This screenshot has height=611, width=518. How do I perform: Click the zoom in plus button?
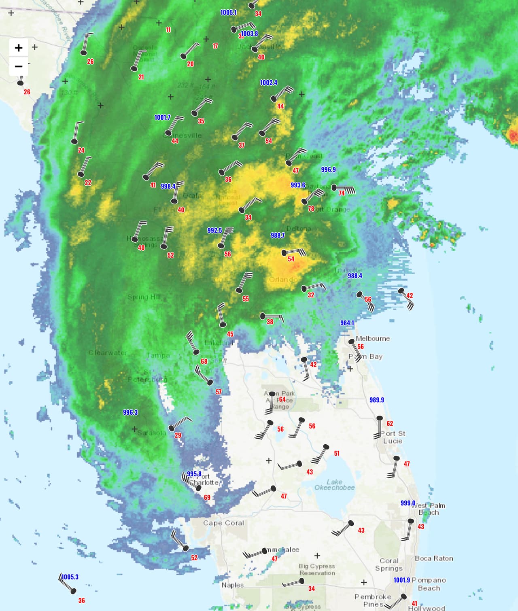[19, 48]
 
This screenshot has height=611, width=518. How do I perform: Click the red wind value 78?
[311, 209]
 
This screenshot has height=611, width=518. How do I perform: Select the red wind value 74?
[342, 193]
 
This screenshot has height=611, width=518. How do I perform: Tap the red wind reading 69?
[207, 497]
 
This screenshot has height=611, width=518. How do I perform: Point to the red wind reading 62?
[390, 424]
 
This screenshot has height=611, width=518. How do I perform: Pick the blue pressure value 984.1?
[347, 323]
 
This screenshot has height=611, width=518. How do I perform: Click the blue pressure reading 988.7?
[278, 235]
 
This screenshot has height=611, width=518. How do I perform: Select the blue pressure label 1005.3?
[70, 577]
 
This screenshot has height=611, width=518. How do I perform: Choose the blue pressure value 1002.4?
[268, 83]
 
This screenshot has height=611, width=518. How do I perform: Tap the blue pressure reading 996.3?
[130, 412]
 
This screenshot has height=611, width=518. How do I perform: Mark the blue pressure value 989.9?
[376, 400]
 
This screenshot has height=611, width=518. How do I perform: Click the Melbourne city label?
[373, 338]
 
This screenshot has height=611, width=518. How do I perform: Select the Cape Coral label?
[223, 523]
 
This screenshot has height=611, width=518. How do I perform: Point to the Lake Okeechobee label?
[335, 484]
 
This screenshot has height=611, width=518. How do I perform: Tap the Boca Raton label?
[434, 558]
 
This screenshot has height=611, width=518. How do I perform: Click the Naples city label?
[232, 585]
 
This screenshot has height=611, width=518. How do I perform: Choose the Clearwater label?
[108, 353]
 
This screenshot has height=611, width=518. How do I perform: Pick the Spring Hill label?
[144, 297]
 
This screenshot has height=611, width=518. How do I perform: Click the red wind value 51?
[337, 453]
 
